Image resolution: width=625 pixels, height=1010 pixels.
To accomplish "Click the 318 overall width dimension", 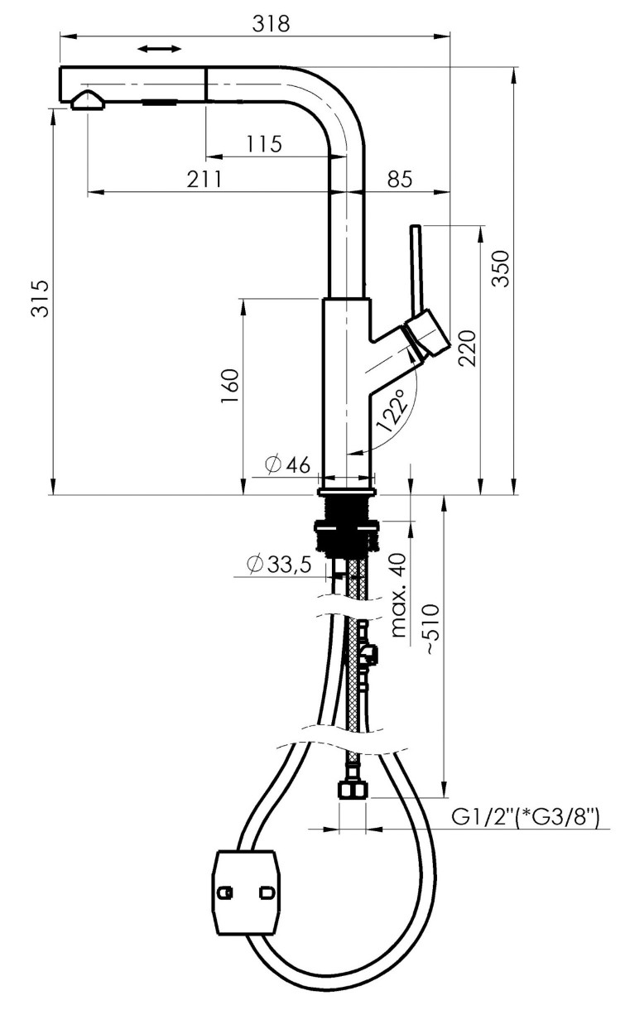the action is [x=271, y=23].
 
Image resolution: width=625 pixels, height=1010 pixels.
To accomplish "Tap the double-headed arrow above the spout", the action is [x=159, y=49].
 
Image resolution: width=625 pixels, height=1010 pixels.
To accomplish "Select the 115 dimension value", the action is [x=264, y=144].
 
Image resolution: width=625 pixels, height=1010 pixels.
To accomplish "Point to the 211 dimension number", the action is [x=204, y=179].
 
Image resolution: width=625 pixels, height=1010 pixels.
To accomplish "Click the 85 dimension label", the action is [x=400, y=179].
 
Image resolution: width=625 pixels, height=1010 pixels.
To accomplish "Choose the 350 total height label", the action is [x=500, y=269].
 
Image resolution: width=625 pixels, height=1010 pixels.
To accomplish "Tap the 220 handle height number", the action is [x=467, y=348].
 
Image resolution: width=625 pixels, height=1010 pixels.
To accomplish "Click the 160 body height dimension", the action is [x=229, y=387].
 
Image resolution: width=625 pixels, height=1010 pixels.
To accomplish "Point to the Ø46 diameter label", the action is [x=288, y=465].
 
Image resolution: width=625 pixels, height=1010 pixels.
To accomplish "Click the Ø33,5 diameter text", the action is [x=279, y=564].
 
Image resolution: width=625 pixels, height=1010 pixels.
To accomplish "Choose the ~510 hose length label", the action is [x=430, y=629].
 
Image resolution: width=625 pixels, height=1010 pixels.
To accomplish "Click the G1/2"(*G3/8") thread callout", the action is [x=526, y=816].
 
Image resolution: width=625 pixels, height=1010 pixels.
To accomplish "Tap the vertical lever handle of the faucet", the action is [x=417, y=270].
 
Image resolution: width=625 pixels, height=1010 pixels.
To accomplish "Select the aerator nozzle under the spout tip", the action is [x=89, y=100].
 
